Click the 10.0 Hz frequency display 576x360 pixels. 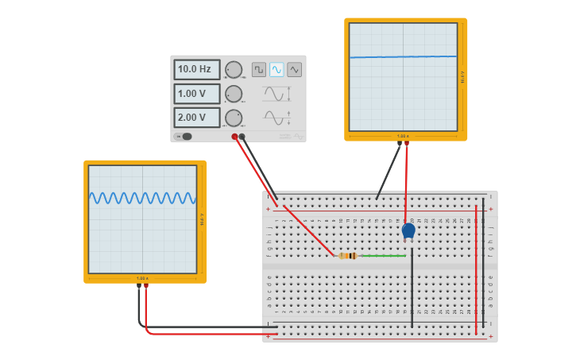tap(196, 70)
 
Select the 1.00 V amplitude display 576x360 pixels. tap(196, 94)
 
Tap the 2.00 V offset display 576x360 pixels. tap(196, 118)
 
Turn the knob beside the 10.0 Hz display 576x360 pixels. tap(233, 70)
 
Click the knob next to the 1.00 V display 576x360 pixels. tap(233, 94)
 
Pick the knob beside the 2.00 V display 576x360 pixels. tap(233, 118)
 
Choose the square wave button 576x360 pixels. tap(259, 70)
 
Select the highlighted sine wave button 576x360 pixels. tap(276, 70)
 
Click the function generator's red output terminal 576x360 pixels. tap(234, 137)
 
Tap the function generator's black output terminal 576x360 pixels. tap(242, 137)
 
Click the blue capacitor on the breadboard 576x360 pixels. tap(408, 230)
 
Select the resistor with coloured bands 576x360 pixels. tap(347, 256)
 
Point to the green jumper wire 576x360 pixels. tap(385, 256)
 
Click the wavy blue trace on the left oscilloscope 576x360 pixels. tap(142, 198)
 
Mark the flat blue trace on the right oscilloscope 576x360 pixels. tap(404, 56)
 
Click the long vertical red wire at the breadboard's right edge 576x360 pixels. tap(476, 270)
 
